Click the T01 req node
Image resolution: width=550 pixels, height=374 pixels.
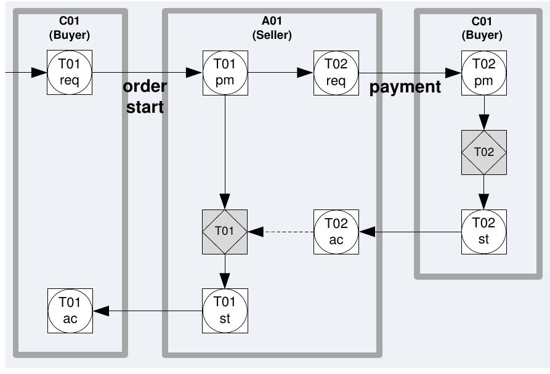pos(70,73)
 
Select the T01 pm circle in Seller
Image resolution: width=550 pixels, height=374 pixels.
pos(225,73)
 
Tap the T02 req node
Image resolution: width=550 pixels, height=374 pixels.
pos(336,73)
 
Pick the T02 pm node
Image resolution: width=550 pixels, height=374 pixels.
pos(484,73)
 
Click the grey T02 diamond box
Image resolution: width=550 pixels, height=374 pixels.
pos(484,153)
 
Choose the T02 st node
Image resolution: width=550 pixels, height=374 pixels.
pos(484,232)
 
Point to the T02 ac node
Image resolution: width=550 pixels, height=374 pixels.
pos(336,232)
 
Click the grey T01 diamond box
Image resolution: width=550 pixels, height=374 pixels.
pos(225,232)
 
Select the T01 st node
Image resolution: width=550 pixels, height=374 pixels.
pos(225,311)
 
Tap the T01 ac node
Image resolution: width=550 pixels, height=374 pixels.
pos(70,311)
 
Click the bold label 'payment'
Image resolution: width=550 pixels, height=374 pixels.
pos(405,87)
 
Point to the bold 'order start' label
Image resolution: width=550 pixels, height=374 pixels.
pos(145,97)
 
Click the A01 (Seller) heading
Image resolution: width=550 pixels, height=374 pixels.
pos(272,28)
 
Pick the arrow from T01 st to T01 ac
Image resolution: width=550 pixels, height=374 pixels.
pos(148,311)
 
